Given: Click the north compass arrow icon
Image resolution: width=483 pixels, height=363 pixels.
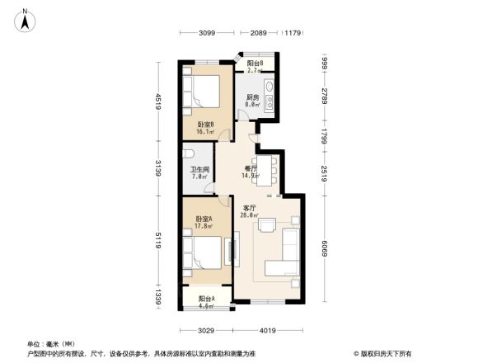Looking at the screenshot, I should pos(26,20).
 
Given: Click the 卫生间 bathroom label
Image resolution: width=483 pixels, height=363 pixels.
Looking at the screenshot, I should pos(200,172).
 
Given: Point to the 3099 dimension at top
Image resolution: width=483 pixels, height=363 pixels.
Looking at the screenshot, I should pos(206,33).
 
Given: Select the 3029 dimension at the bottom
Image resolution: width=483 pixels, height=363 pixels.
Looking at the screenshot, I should pos(206,330).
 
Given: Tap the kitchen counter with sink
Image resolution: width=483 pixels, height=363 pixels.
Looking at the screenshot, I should pos(270,91).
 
